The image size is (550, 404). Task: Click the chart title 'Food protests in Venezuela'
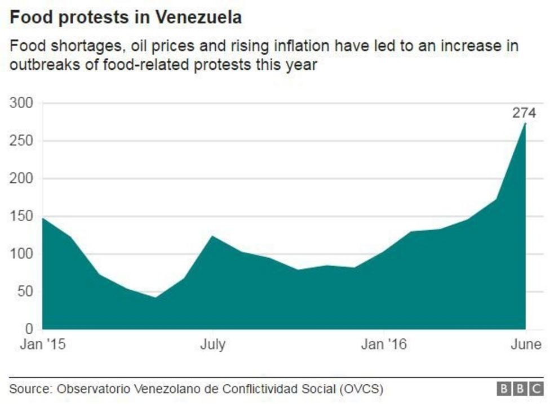click(126, 17)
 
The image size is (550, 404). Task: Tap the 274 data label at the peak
click(524, 113)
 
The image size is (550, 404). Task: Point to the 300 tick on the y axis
click(21, 104)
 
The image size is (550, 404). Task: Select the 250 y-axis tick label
click(21, 141)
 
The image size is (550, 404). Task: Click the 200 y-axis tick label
click(21, 179)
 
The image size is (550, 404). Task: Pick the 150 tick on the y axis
click(21, 217)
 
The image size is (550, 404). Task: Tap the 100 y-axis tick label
click(21, 254)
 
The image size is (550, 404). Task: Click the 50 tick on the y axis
click(25, 292)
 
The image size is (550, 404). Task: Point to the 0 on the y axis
click(29, 329)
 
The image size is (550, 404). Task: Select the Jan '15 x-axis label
click(43, 344)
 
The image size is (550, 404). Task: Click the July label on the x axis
click(212, 344)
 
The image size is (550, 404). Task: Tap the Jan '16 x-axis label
click(383, 344)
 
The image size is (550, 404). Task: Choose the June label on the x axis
click(526, 344)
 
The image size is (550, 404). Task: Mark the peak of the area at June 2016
click(526, 123)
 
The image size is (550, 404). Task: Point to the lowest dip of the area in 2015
click(156, 297)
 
